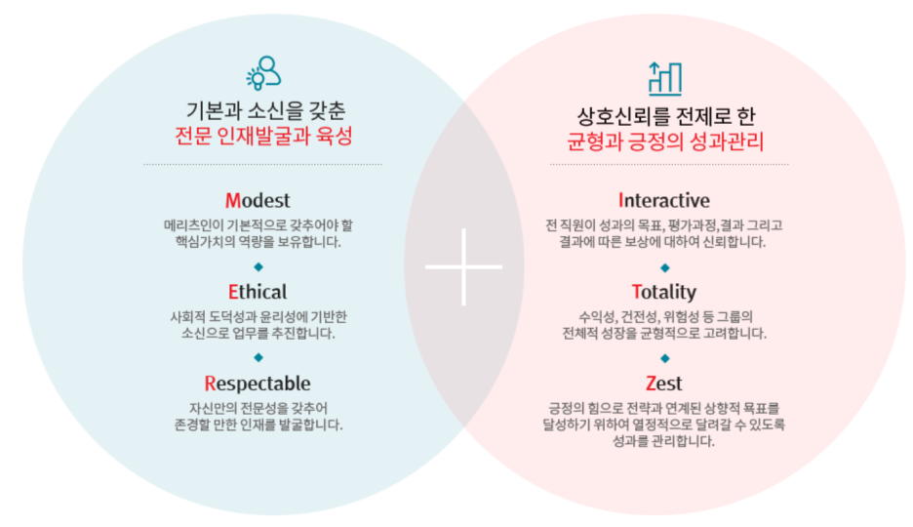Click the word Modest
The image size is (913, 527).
(x=258, y=201)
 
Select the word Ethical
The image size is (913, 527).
(x=258, y=292)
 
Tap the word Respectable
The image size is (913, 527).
(x=258, y=384)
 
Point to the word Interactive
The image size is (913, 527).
(x=664, y=201)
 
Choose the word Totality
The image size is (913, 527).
(x=664, y=292)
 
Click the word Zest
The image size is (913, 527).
(x=664, y=384)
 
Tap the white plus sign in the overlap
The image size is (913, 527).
(x=464, y=266)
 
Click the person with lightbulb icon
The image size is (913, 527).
(x=262, y=73)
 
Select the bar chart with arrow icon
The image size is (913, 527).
(x=664, y=77)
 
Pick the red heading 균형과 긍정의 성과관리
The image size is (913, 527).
(x=664, y=142)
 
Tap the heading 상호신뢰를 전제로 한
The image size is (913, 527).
(x=664, y=116)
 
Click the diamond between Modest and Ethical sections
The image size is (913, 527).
(x=258, y=266)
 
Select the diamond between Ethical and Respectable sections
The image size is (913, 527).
(x=258, y=357)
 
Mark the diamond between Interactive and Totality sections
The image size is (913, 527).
(x=664, y=266)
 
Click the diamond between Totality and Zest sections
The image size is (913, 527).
(x=664, y=357)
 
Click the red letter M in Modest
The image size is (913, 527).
(x=232, y=201)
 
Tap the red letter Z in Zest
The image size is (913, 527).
(x=651, y=384)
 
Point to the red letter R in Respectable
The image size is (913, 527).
(x=210, y=384)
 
